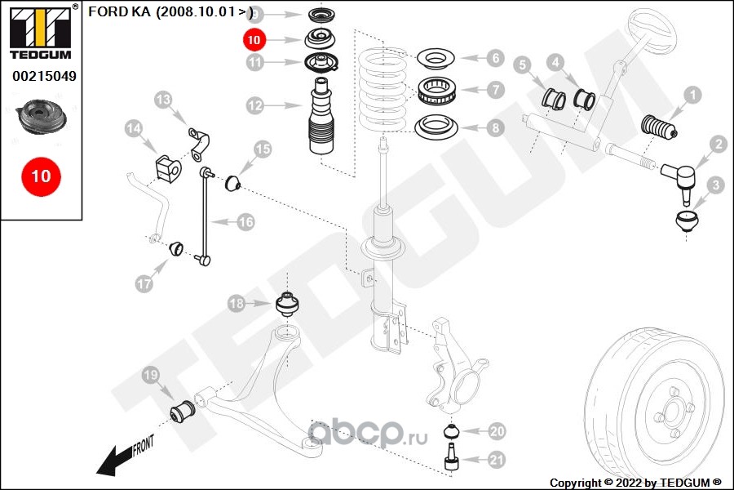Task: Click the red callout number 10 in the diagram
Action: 254,38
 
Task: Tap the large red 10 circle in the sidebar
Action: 41,176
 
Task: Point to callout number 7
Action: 495,89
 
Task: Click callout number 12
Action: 254,105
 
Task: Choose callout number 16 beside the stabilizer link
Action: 246,221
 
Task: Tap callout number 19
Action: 150,376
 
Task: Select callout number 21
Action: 496,461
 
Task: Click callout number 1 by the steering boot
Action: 692,96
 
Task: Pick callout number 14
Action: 134,128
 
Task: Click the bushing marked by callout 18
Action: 287,305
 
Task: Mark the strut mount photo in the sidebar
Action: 40,118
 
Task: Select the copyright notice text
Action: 635,482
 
